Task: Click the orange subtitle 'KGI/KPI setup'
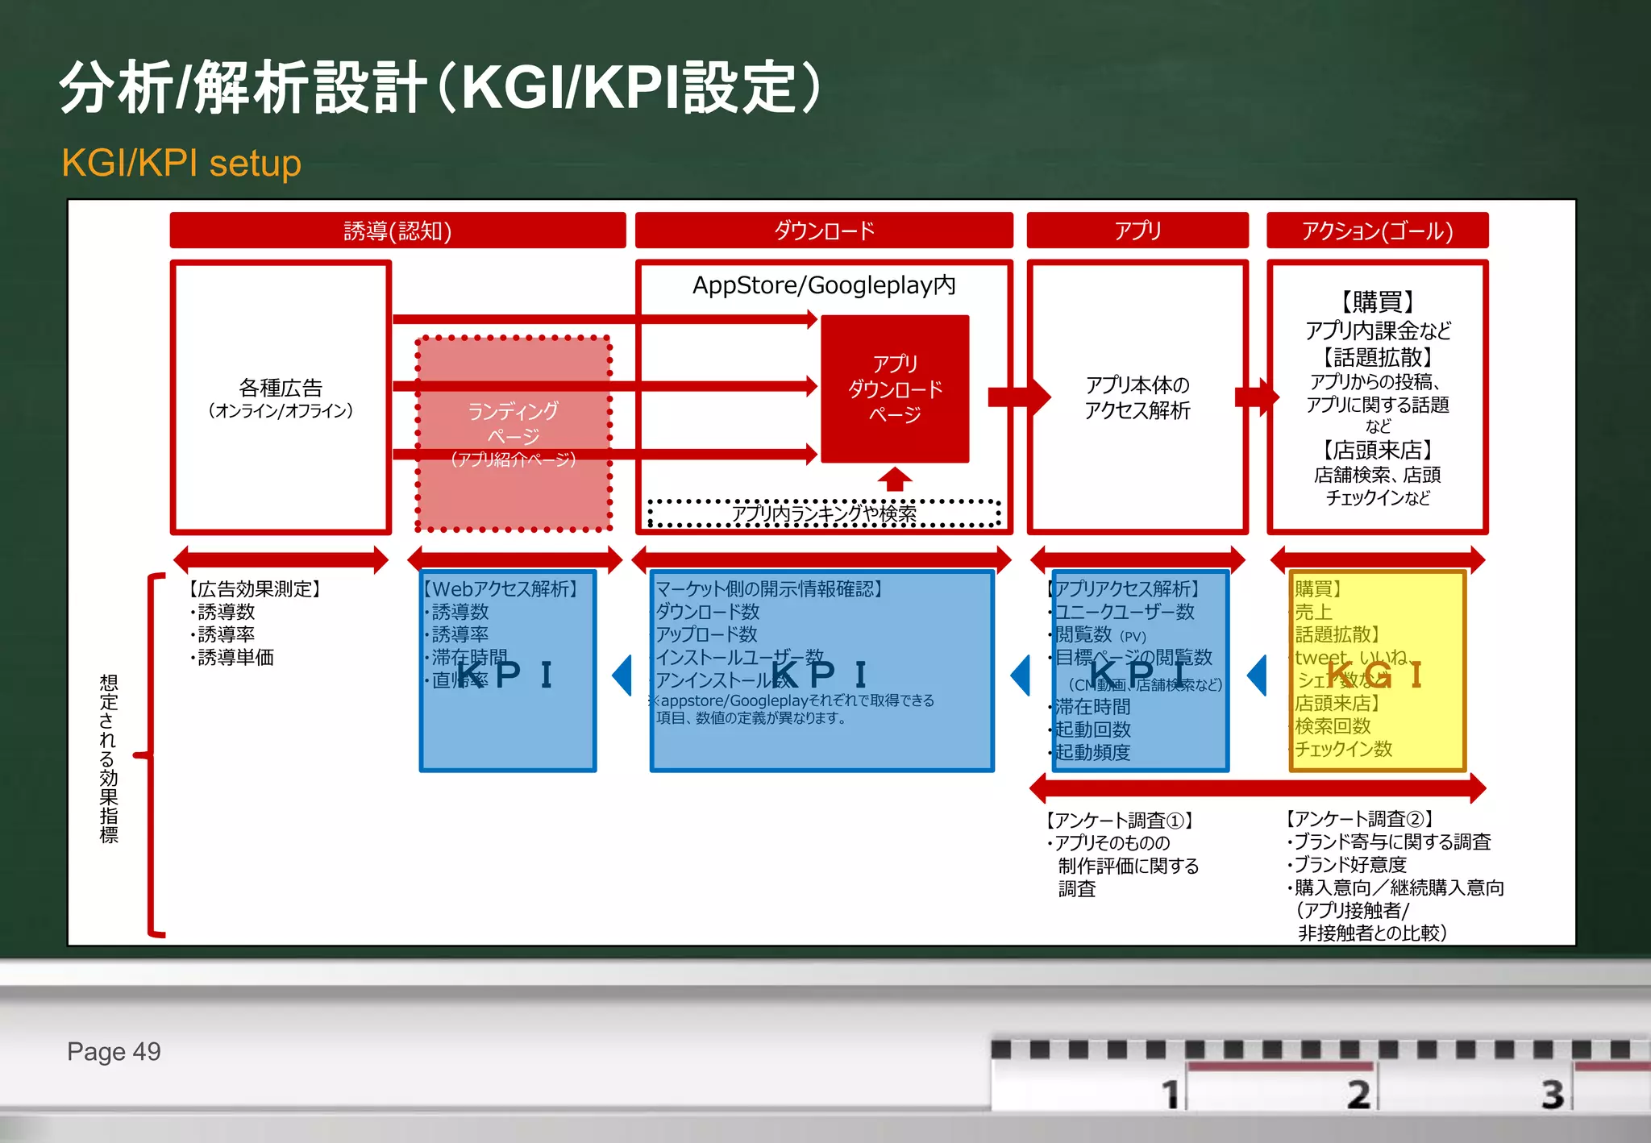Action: pyautogui.click(x=181, y=163)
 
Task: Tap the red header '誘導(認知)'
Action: pyautogui.click(x=397, y=231)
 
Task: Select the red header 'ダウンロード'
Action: pyautogui.click(x=824, y=231)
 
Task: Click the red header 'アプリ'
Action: pyautogui.click(x=1137, y=231)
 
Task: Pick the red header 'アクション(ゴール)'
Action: pyautogui.click(x=1377, y=231)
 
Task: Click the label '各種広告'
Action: pyautogui.click(x=281, y=389)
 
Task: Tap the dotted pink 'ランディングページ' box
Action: pyautogui.click(x=514, y=434)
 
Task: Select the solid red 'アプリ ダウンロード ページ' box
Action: pyautogui.click(x=895, y=389)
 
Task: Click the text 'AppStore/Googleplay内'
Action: pyautogui.click(x=824, y=285)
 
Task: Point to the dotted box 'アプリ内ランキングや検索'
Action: pyautogui.click(x=824, y=513)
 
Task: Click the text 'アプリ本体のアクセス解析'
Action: pyautogui.click(x=1137, y=397)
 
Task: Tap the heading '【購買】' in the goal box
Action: pyautogui.click(x=1377, y=302)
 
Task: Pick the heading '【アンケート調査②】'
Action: pyautogui.click(x=1359, y=819)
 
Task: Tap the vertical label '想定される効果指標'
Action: pyautogui.click(x=109, y=758)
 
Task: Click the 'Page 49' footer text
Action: pyautogui.click(x=114, y=1052)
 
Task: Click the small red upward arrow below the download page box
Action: pyautogui.click(x=895, y=479)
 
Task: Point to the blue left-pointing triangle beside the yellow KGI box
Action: pyautogui.click(x=1258, y=675)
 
